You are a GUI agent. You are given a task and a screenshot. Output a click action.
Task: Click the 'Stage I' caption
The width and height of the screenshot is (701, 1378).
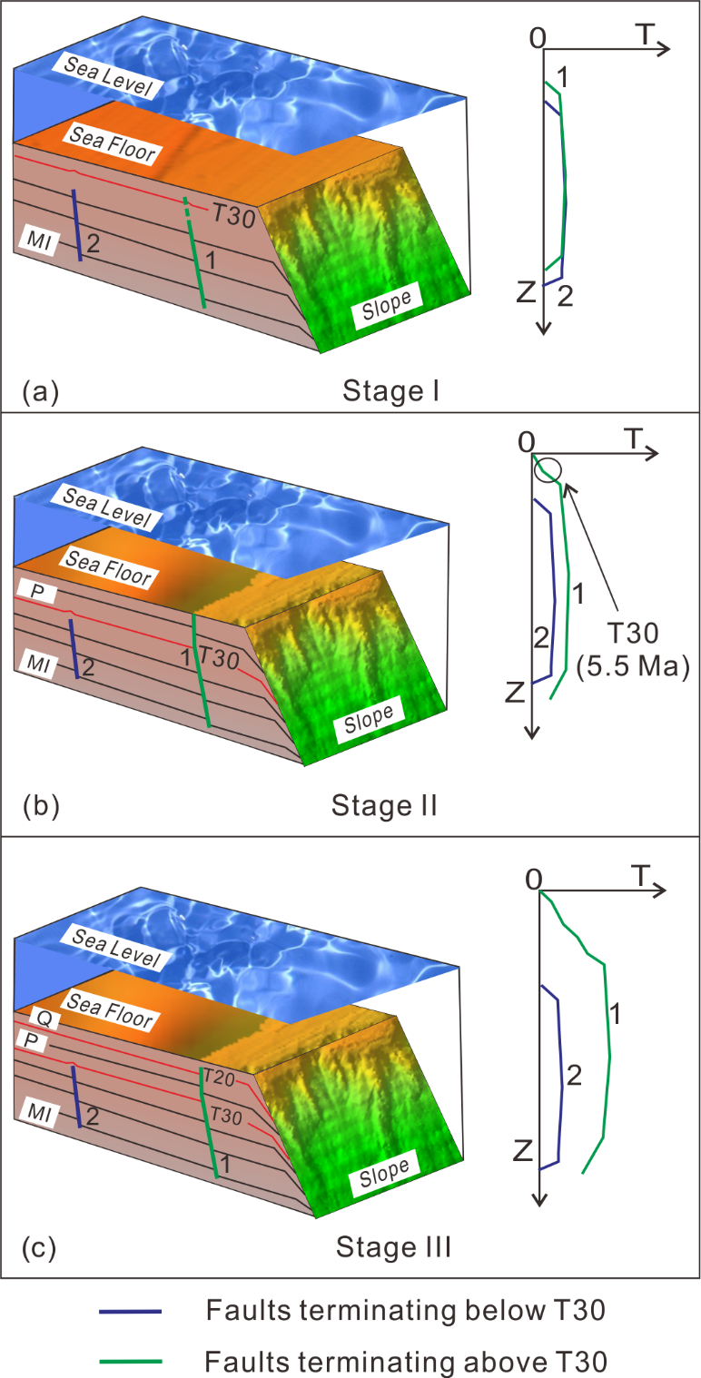click(x=390, y=390)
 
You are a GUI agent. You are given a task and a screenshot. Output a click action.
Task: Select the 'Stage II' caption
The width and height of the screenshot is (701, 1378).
click(x=385, y=805)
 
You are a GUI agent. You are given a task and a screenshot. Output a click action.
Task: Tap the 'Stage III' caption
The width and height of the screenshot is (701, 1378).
click(x=394, y=1247)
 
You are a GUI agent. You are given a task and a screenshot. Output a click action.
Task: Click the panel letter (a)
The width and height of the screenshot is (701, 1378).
click(x=41, y=391)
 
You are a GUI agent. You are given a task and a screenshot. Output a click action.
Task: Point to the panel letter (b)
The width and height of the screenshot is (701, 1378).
click(x=41, y=806)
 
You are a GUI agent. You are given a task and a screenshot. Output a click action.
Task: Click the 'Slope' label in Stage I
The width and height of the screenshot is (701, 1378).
click(x=387, y=304)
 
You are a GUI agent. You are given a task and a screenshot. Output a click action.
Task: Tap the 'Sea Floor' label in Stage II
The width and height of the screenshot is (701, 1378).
click(x=109, y=568)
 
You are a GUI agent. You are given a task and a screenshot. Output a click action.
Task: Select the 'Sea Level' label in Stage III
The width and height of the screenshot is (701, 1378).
click(x=115, y=948)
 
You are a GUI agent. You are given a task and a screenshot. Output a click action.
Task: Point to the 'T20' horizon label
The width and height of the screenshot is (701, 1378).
click(x=219, y=1078)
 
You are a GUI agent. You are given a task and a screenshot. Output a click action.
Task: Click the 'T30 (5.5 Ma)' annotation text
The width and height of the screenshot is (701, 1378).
click(x=633, y=650)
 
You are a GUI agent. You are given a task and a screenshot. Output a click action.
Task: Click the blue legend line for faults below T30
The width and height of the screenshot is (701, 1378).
click(x=131, y=1312)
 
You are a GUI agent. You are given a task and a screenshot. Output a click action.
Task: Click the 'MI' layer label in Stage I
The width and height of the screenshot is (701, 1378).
click(x=39, y=240)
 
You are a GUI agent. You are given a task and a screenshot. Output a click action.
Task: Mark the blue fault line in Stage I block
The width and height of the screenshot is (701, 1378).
click(x=77, y=225)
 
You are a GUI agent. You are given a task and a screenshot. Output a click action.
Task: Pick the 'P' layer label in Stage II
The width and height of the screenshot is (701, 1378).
click(x=37, y=592)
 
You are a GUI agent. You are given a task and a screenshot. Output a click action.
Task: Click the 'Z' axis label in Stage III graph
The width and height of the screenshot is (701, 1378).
click(x=522, y=1150)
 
